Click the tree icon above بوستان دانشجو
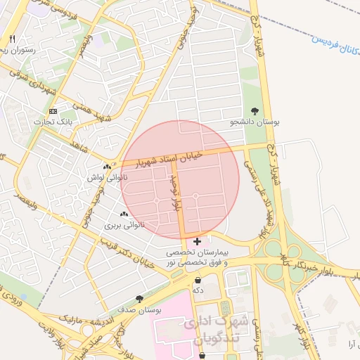pyautogui.click(x=254, y=111)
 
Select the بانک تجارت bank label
pyautogui.click(x=54, y=122)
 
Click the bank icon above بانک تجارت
pyautogui.click(x=53, y=111)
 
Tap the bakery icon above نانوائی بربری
pyautogui.click(x=124, y=214)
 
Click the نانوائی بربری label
pyautogui.click(x=124, y=226)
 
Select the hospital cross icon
pyautogui.click(x=198, y=241)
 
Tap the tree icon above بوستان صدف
pyautogui.click(x=139, y=298)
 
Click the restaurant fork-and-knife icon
pyautogui.click(x=11, y=38)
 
